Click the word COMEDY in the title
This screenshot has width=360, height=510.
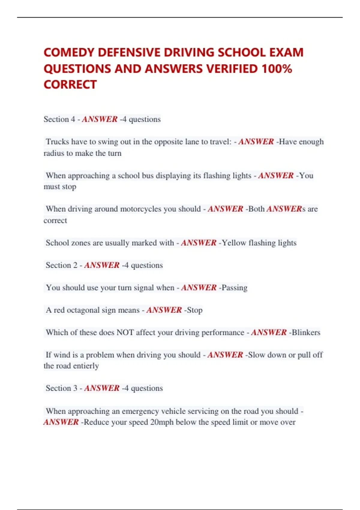(69, 52)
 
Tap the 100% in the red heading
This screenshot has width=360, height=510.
(277, 69)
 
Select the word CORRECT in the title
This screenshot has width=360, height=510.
(70, 85)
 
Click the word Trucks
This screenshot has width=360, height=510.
(57, 142)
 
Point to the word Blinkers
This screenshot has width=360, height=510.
(306, 332)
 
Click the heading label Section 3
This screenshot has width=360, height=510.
(61, 388)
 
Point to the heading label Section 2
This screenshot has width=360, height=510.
(61, 265)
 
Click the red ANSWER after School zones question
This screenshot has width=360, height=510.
(199, 243)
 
